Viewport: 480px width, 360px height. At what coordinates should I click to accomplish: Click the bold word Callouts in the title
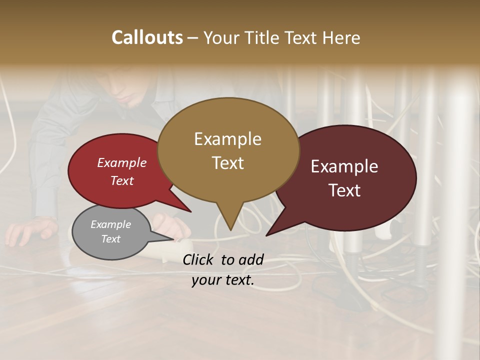coord(147,37)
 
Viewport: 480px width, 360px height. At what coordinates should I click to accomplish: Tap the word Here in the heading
coord(341,37)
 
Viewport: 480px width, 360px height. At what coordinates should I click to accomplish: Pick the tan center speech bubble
coord(228,150)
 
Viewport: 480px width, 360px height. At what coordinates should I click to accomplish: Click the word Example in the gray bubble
coord(111,224)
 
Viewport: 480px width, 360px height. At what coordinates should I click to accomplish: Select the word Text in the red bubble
coord(122,180)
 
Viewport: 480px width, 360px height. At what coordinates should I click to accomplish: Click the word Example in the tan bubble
coord(228,139)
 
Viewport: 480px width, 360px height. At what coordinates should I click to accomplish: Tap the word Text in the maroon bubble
coord(345,190)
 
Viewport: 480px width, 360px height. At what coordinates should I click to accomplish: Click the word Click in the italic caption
coord(199,259)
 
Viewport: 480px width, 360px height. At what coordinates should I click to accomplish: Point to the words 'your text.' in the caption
coord(223,280)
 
